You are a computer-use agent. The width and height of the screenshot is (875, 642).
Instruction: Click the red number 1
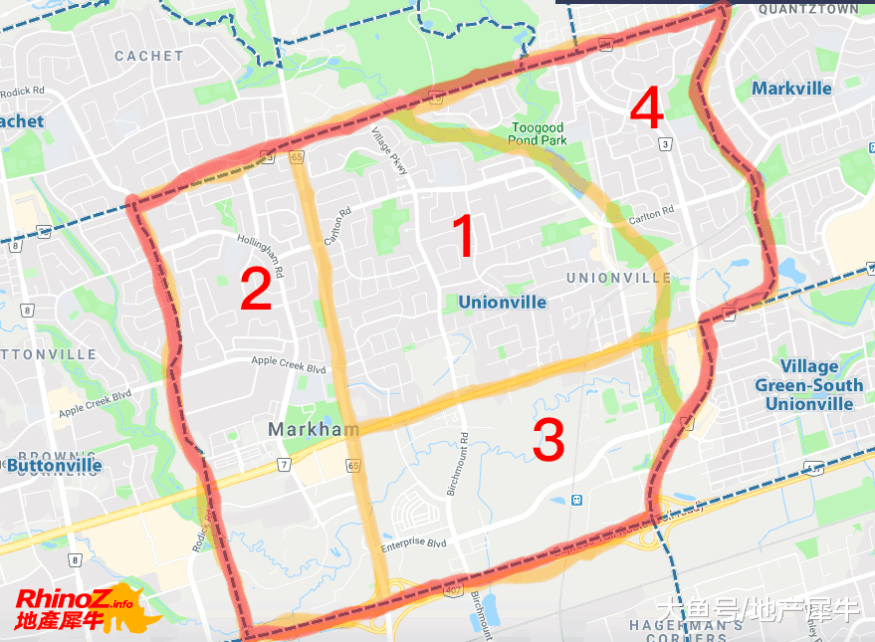[464, 237]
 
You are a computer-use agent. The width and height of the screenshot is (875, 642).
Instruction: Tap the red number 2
[256, 289]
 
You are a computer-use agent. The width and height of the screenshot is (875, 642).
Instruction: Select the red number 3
[548, 441]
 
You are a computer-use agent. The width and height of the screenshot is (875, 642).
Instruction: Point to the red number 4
[647, 108]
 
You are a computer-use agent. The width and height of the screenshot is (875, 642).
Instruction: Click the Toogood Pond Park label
[539, 133]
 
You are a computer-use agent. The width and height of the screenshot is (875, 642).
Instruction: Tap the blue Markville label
[791, 89]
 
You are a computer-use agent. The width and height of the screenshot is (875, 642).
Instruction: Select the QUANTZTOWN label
[808, 9]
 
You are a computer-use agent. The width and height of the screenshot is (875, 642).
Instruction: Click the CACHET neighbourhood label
[149, 57]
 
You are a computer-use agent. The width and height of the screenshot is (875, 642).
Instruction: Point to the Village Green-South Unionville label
[809, 385]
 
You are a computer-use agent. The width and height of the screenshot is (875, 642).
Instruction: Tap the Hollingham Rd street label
[262, 256]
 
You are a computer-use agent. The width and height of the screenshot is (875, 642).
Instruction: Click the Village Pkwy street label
[390, 150]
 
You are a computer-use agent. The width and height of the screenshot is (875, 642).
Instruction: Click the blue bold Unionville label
[502, 302]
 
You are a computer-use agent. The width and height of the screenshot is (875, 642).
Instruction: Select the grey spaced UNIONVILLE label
[618, 278]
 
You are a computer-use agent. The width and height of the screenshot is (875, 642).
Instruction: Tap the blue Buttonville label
[54, 465]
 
